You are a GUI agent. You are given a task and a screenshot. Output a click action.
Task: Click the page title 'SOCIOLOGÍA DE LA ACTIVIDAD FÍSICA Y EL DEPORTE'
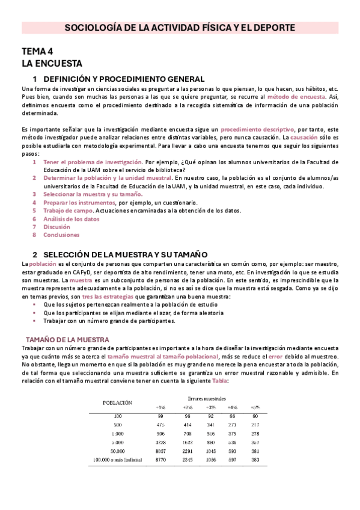click(180, 28)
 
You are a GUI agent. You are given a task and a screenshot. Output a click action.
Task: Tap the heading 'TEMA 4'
click(37, 51)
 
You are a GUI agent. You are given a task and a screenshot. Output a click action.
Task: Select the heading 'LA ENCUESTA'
click(52, 63)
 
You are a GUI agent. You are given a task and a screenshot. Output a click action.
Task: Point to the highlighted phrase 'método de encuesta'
click(296, 96)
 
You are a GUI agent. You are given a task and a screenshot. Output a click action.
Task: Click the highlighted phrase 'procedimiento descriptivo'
click(257, 129)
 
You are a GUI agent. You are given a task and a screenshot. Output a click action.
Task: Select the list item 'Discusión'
click(57, 227)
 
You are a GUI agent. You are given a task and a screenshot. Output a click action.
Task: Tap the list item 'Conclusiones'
click(61, 235)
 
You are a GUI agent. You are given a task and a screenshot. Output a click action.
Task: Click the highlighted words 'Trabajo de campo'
click(68, 210)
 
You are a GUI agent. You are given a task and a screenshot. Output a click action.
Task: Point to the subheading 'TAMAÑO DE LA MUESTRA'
click(67, 340)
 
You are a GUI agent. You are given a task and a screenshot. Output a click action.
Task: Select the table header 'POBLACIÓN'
click(118, 402)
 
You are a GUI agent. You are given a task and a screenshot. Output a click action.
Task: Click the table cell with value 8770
click(160, 459)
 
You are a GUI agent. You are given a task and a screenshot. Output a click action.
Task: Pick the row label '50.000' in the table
click(117, 450)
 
